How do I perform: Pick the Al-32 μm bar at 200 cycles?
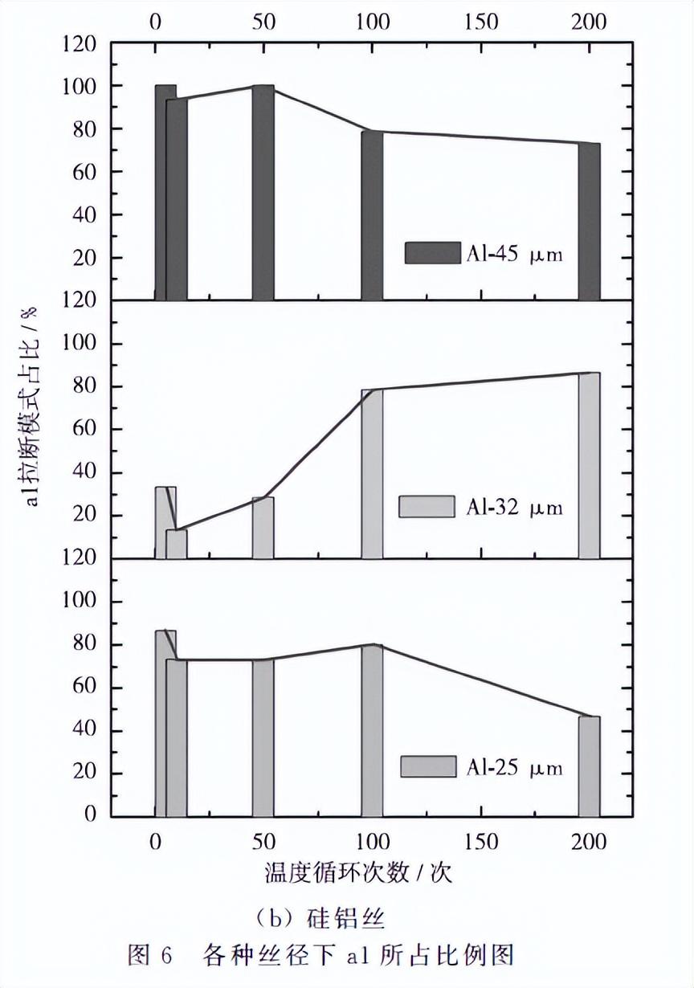tap(589, 465)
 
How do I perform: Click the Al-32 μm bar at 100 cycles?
tap(372, 474)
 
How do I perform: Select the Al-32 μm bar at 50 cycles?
tap(263, 528)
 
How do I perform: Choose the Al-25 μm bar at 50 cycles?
tap(263, 737)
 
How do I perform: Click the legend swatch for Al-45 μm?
tap(431, 253)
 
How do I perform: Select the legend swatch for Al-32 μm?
tap(427, 507)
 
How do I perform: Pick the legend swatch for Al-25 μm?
tap(428, 766)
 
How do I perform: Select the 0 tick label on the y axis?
tap(91, 815)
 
